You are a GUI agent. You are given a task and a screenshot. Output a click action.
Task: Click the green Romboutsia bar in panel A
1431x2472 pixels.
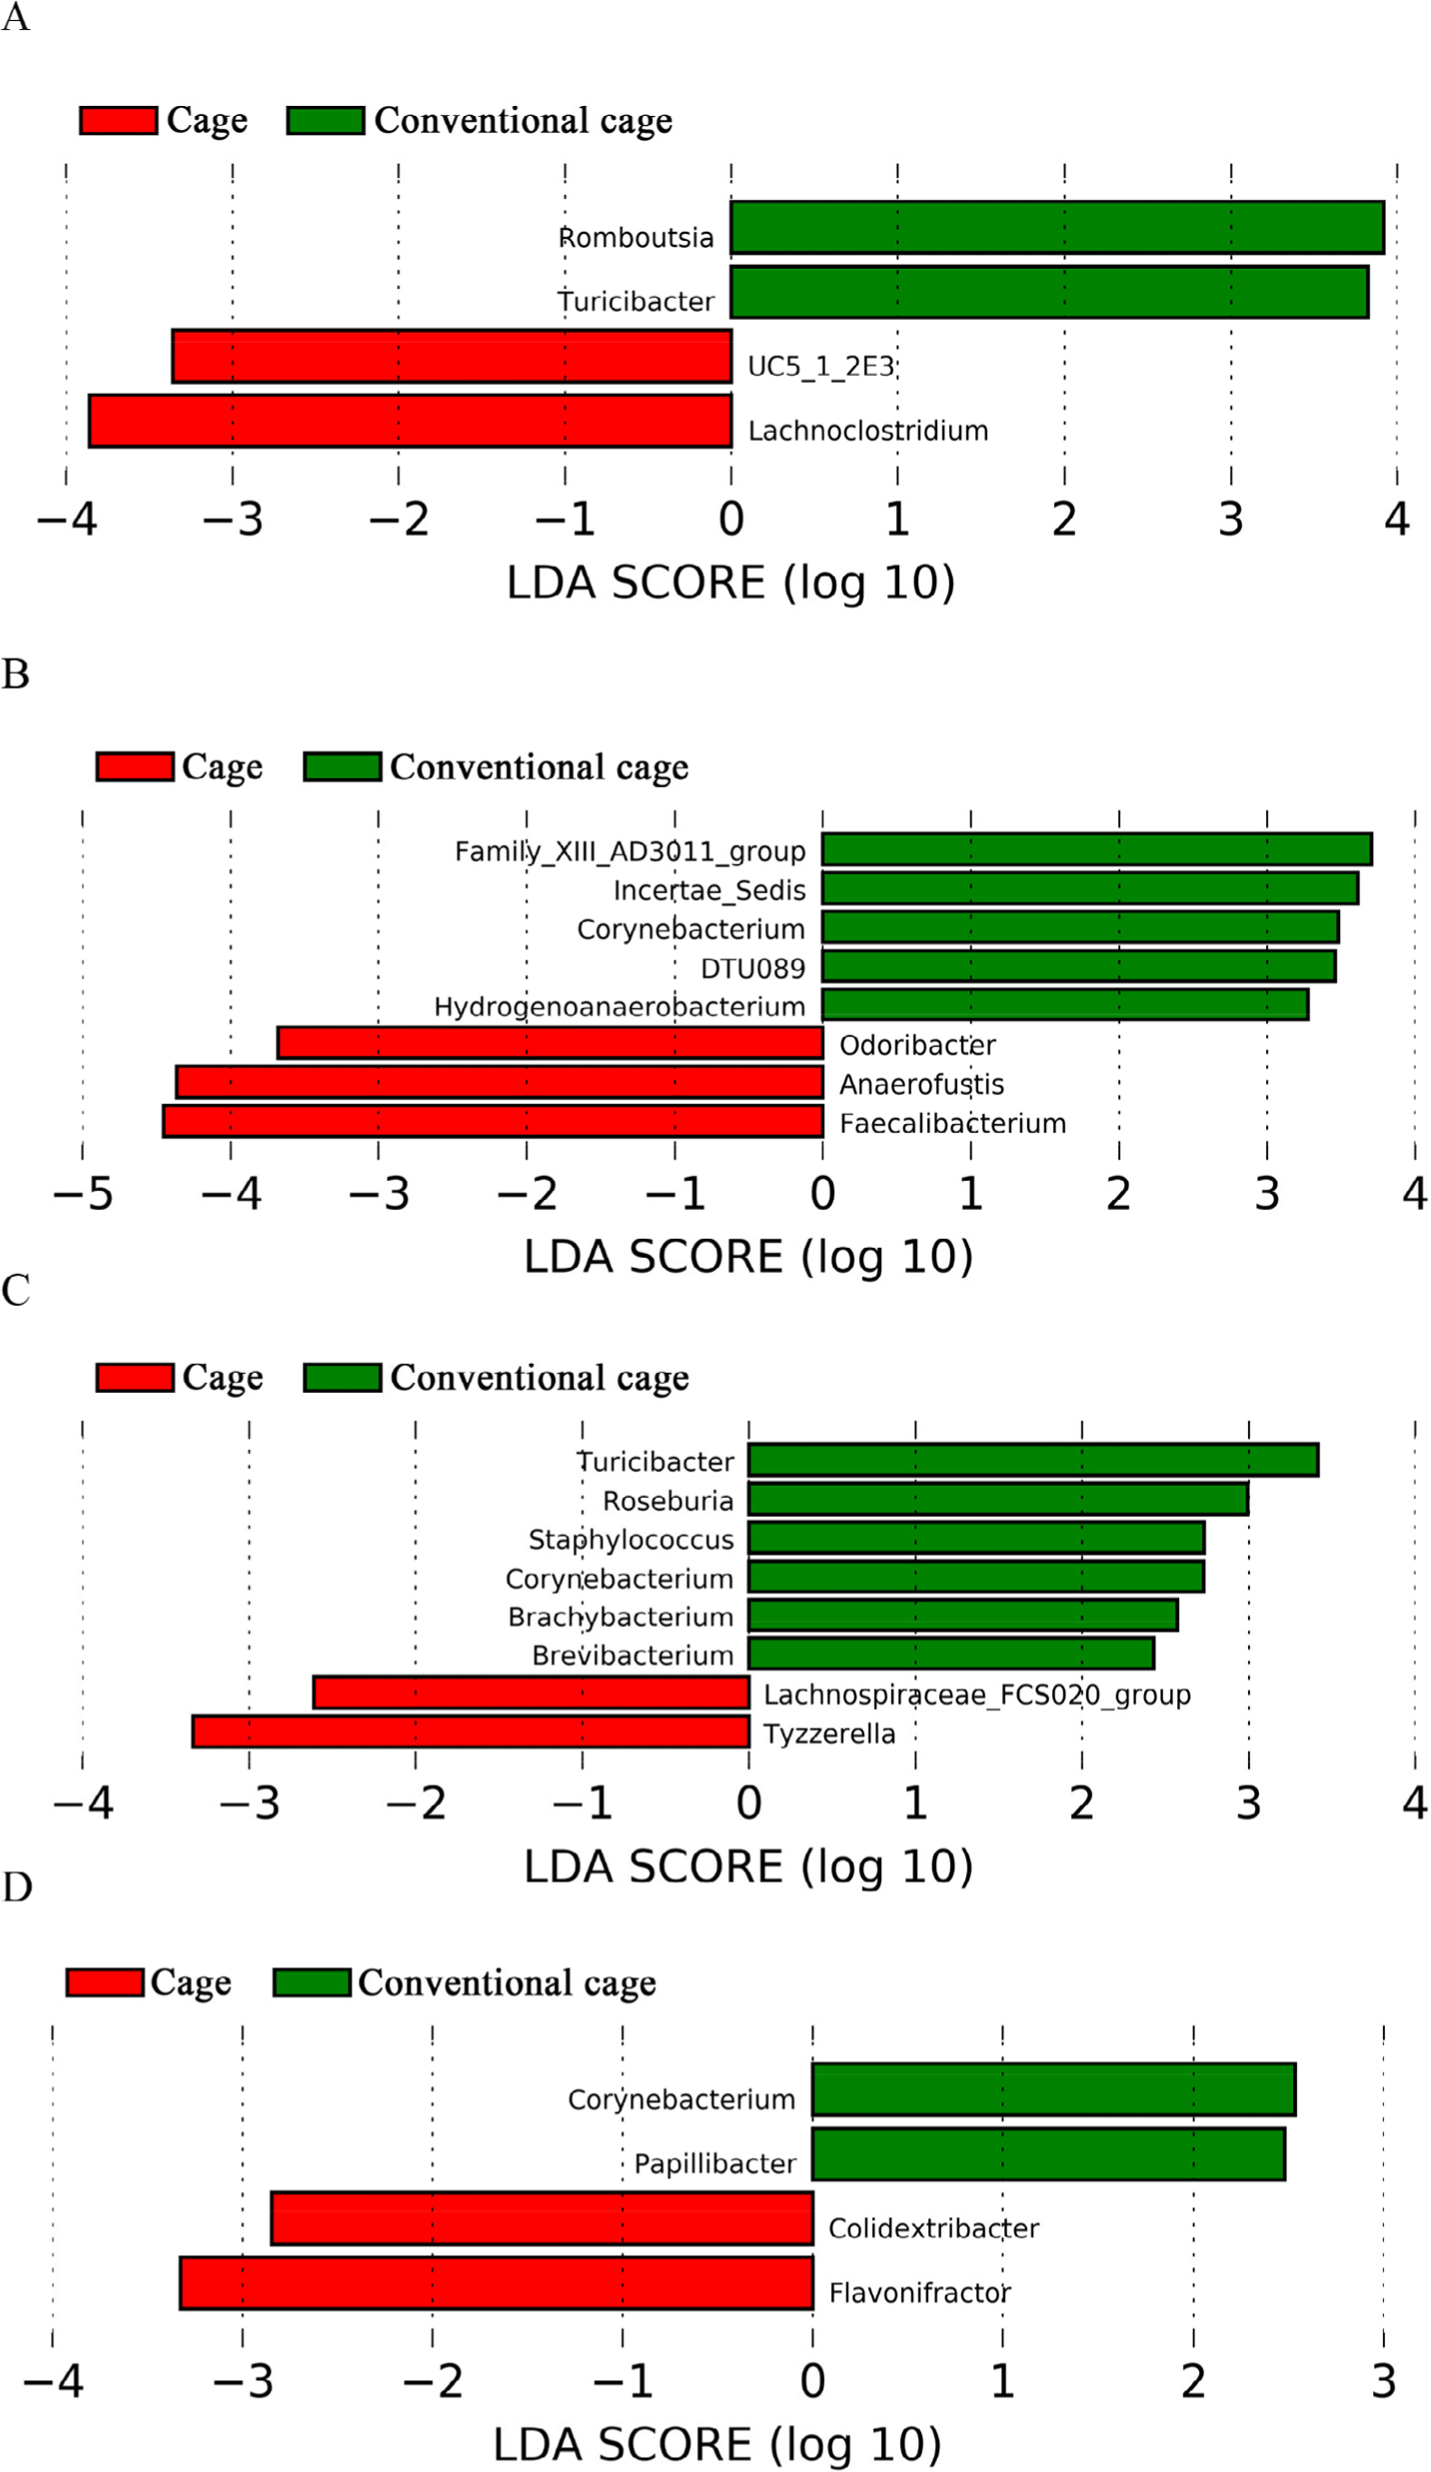point(1056,228)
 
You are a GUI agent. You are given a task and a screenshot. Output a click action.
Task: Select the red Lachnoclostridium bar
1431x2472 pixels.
point(410,421)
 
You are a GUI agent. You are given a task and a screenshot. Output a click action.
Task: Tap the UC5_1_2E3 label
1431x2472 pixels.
point(820,367)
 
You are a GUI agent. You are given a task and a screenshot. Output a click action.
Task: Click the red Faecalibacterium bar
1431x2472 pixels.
point(493,1121)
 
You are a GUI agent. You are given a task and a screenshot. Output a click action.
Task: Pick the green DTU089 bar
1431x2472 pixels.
point(1078,966)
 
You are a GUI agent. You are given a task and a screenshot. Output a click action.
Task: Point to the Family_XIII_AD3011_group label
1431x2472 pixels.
point(630,851)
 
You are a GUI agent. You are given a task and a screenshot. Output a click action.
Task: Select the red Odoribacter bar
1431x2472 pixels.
point(550,1043)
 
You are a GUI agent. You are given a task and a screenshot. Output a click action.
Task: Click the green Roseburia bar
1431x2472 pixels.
point(997,1499)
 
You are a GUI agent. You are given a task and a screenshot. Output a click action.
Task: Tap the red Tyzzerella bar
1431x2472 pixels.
point(470,1732)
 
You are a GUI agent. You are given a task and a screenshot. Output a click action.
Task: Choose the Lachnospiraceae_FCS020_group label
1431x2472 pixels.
point(976,1695)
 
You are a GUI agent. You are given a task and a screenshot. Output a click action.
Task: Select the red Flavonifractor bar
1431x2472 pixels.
point(496,2283)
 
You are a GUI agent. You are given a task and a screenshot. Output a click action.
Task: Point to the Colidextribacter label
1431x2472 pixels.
point(933,2228)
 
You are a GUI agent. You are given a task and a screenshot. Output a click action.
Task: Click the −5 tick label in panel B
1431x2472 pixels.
point(82,1194)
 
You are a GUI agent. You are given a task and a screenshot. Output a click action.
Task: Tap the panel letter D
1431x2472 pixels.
point(17,1886)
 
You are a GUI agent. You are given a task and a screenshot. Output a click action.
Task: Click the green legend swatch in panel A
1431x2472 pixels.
point(325,121)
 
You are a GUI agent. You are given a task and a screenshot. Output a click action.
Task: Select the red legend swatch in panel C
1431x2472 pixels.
point(135,1377)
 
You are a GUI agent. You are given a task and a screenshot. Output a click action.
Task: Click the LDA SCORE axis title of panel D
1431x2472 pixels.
point(716,2444)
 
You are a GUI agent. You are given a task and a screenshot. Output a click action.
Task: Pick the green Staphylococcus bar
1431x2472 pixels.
point(975,1538)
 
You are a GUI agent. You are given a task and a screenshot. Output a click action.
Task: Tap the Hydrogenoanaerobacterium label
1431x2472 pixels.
point(619,1006)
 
